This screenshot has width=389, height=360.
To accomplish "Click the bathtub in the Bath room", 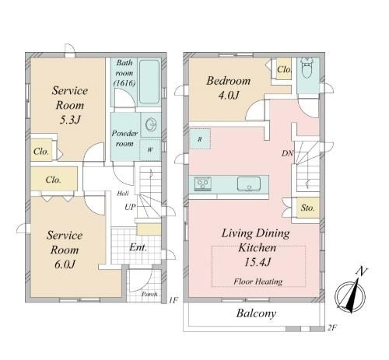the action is tap(149, 82).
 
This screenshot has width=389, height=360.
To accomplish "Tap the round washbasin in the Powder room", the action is tap(151, 124).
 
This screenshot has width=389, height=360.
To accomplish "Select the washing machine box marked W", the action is tap(150, 150).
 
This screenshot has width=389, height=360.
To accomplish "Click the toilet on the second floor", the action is tap(307, 68).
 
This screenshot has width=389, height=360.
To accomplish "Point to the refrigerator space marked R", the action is tap(200, 139).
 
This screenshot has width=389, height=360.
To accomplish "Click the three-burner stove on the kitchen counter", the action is tap(203, 183).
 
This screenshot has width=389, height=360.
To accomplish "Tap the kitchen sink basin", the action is tap(249, 184).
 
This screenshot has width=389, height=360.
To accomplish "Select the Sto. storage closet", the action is tap(308, 208).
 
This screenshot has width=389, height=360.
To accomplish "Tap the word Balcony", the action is tap(256, 313).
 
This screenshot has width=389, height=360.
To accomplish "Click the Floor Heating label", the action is tap(258, 281).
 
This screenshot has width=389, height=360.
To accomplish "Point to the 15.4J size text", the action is tap(258, 263).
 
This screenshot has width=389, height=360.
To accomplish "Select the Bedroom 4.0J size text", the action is tap(228, 96).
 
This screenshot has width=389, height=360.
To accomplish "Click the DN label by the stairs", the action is tap(287, 153).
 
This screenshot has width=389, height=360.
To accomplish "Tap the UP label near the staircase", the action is tap(130, 207).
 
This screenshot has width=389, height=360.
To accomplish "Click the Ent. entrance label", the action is tap(138, 247).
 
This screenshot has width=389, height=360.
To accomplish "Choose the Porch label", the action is tap(149, 294).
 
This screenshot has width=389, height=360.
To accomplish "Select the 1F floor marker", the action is tap(173, 300).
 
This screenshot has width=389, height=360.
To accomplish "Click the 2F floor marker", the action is tap(331, 327).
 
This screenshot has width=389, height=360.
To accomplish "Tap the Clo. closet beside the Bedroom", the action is tap(284, 69).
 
